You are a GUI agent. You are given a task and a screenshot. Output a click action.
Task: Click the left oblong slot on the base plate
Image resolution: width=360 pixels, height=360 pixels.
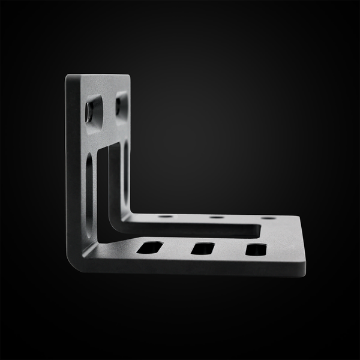pyautogui.click(x=150, y=247)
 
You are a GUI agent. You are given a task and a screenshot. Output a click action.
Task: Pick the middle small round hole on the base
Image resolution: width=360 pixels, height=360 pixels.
pyautogui.click(x=217, y=217)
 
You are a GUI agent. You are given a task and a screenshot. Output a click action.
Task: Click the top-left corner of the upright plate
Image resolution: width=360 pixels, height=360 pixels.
pyautogui.click(x=67, y=77)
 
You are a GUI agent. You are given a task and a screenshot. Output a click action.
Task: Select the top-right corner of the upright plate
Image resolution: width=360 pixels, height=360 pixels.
pyautogui.click(x=128, y=76)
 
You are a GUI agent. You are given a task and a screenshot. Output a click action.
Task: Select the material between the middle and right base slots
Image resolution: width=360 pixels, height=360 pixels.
pyautogui.click(x=229, y=248)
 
